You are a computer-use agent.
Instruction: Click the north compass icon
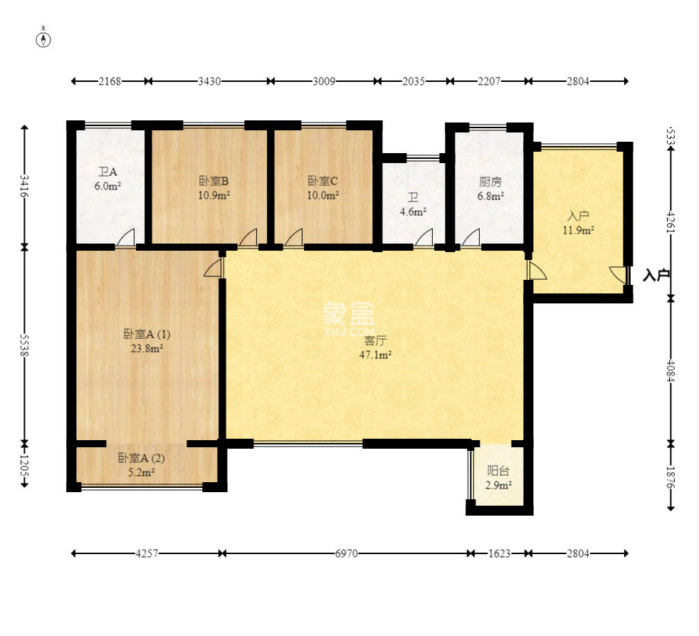click(43, 39)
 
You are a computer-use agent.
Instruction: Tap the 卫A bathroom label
click(108, 172)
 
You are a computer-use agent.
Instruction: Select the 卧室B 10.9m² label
click(214, 188)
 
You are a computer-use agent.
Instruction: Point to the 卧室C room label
click(322, 181)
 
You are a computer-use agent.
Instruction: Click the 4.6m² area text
click(413, 212)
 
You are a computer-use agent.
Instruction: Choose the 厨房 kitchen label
click(490, 182)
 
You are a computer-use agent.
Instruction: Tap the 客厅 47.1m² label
click(375, 348)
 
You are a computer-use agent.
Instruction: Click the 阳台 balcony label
click(498, 471)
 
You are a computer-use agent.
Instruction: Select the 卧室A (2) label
click(142, 458)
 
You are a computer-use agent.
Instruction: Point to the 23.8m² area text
click(147, 348)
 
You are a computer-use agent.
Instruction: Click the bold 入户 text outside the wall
click(656, 275)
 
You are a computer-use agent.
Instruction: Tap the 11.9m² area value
click(578, 231)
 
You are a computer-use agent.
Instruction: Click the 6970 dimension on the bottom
click(347, 553)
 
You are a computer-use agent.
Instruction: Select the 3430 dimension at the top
click(209, 81)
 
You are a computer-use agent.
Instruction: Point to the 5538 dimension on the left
click(24, 345)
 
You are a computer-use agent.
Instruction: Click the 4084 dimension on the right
click(671, 371)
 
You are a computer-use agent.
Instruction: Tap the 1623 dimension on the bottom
click(499, 553)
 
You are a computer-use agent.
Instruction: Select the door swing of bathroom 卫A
click(125, 237)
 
